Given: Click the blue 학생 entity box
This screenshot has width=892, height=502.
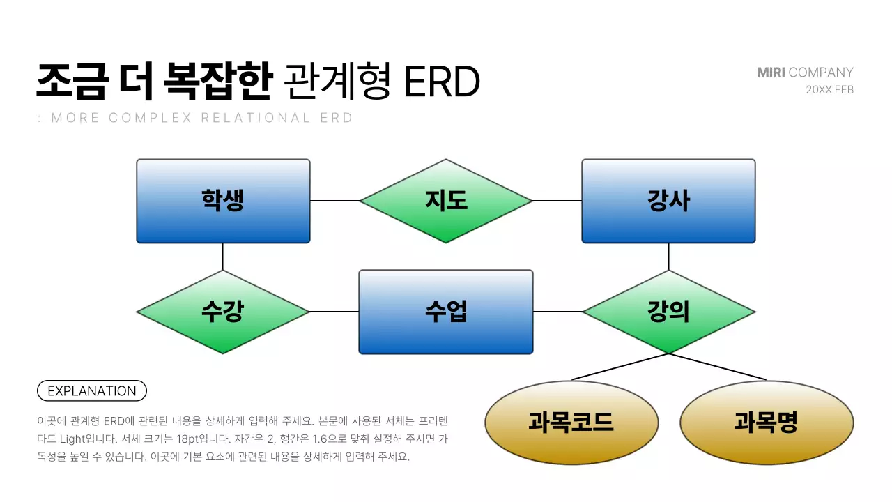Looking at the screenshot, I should (223, 201).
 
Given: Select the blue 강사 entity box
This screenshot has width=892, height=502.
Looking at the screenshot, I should (668, 201).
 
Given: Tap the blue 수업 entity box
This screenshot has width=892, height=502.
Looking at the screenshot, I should (446, 312).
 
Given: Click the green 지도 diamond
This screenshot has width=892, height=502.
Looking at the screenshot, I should (446, 201).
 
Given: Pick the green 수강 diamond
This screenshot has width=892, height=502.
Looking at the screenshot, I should (223, 312).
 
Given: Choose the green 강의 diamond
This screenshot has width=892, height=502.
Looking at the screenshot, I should (668, 312).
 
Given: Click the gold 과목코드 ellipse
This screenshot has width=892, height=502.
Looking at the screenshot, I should (571, 423).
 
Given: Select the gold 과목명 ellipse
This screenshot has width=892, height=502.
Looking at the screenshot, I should (766, 423).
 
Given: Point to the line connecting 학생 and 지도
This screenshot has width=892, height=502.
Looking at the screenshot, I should (334, 201).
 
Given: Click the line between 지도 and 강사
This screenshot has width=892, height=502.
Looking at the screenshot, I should (557, 201).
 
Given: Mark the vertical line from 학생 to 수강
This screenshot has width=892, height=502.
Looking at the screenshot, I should (223, 256).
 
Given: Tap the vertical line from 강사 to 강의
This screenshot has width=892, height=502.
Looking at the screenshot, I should (668, 256).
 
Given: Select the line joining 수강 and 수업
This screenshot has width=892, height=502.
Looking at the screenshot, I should (334, 312).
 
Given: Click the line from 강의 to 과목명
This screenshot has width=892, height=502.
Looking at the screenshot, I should (718, 367).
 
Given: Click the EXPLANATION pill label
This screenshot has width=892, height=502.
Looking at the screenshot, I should (91, 391).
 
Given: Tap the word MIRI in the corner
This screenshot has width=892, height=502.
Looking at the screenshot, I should (771, 73).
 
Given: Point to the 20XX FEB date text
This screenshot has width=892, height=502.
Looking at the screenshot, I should (829, 90).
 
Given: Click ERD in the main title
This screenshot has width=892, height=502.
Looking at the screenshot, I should (442, 82).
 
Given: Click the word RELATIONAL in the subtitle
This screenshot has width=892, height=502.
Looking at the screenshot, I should (256, 118).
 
